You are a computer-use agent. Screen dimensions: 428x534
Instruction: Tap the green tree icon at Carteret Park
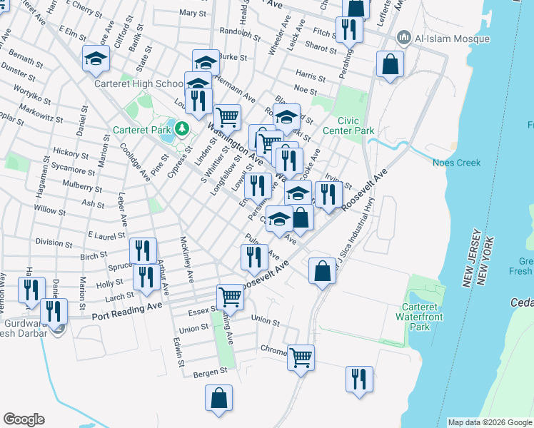[182, 128]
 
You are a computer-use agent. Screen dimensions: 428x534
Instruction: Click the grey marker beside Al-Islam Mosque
[404, 36]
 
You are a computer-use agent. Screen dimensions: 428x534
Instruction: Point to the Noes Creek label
[457, 163]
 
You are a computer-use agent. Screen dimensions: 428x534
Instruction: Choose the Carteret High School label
[140, 83]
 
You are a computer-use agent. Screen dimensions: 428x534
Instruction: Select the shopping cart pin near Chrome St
[301, 356]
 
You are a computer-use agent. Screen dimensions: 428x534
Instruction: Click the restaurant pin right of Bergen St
[358, 378]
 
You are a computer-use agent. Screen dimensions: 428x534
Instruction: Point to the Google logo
[24, 419]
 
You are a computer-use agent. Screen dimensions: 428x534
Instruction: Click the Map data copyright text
[490, 423]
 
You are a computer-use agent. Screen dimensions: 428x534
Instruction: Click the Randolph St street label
[241, 32]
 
